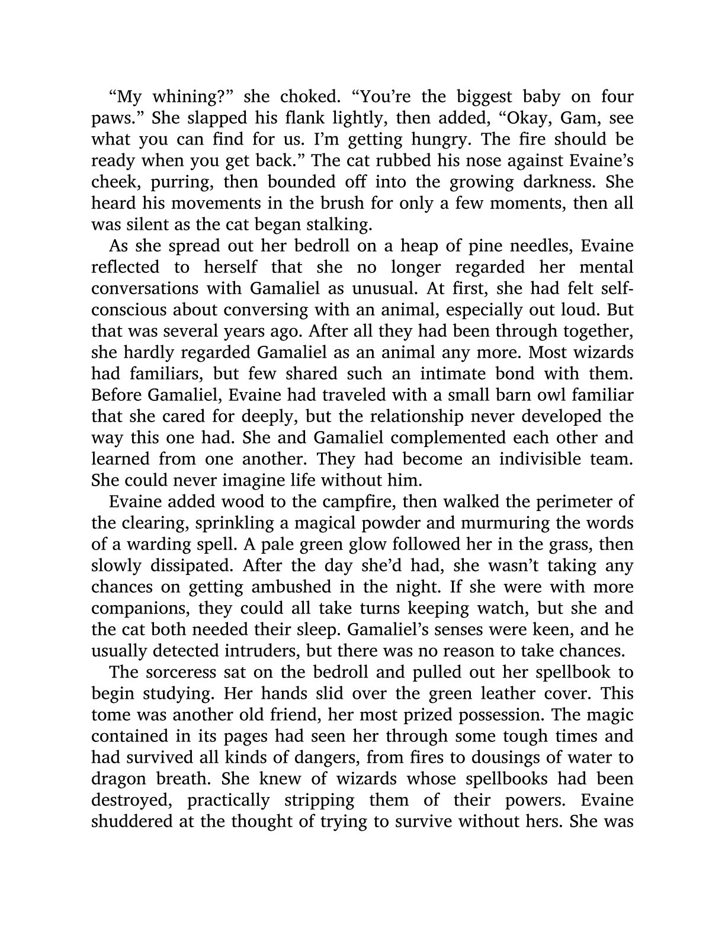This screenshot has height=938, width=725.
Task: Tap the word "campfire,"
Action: coord(363,502)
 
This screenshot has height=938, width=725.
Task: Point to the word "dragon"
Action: coord(121,779)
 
